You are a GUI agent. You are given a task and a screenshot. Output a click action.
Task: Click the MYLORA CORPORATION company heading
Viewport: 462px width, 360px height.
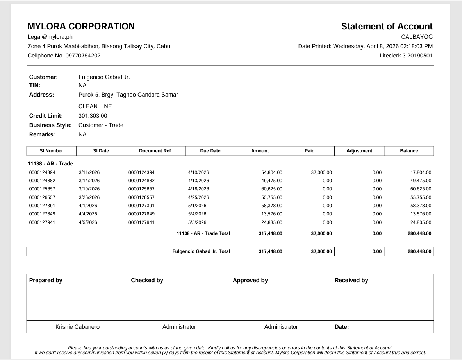click(x=81, y=27)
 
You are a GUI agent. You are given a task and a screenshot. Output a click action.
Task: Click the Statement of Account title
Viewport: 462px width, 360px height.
click(x=387, y=27)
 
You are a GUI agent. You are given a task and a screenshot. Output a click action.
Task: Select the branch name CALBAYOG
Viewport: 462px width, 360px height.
click(x=417, y=37)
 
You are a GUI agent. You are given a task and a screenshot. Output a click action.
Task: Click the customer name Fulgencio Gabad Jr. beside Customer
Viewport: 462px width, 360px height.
click(x=104, y=77)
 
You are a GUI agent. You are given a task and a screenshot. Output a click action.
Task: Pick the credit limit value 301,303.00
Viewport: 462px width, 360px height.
click(x=93, y=116)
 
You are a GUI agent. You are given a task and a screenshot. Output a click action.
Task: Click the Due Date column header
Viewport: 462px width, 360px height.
click(x=210, y=151)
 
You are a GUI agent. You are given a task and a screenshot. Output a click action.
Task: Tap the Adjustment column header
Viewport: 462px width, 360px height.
click(x=359, y=151)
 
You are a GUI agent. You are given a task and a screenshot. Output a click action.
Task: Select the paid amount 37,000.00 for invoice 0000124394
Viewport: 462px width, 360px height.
click(x=321, y=172)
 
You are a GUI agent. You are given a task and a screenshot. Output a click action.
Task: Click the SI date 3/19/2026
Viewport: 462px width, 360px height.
click(x=89, y=189)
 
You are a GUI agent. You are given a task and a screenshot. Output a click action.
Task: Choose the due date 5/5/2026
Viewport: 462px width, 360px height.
click(x=197, y=222)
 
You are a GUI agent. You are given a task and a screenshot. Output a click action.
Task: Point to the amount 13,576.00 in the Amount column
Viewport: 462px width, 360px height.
click(x=271, y=214)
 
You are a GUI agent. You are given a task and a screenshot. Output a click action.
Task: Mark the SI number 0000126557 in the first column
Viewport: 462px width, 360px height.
click(x=42, y=197)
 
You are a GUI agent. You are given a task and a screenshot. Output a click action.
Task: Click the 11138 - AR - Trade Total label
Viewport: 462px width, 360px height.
click(x=203, y=233)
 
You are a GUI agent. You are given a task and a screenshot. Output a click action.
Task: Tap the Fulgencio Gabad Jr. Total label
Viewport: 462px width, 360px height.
click(x=201, y=251)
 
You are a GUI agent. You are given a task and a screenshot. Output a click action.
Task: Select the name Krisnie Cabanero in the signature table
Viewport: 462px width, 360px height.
click(x=77, y=327)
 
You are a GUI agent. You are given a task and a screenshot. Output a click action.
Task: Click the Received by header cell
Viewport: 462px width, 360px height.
click(x=351, y=280)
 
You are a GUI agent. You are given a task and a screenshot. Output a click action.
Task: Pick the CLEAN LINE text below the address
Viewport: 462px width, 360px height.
click(x=95, y=106)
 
